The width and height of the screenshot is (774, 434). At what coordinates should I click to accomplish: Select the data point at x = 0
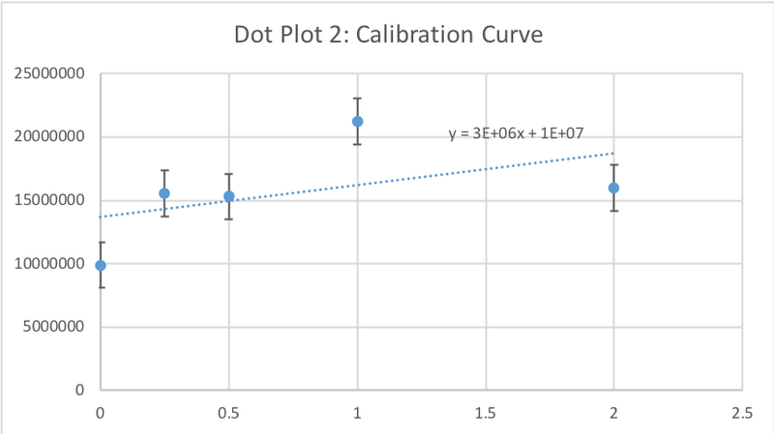click(101, 265)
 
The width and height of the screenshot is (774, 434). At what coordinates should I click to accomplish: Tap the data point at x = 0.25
click(164, 193)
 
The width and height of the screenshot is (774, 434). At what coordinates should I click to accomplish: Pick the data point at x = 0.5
click(229, 196)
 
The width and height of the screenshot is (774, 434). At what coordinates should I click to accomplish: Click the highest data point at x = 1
click(357, 121)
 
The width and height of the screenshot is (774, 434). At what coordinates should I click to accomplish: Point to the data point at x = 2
click(613, 188)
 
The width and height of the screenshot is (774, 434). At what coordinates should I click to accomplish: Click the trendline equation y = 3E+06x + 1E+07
click(516, 133)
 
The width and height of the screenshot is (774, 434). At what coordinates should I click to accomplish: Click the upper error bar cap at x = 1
click(357, 99)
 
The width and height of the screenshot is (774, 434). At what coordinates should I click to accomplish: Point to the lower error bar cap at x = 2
click(613, 211)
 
